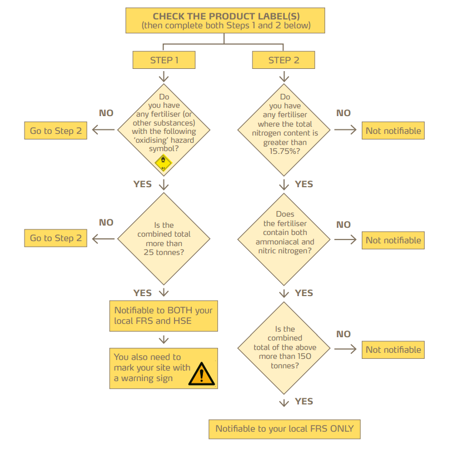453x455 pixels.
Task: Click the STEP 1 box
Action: (x=164, y=60)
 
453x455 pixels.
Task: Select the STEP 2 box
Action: (x=283, y=60)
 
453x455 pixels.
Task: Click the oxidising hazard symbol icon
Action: (x=163, y=162)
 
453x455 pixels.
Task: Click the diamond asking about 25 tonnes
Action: (x=164, y=239)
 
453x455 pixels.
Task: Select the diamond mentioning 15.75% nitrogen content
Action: (x=285, y=129)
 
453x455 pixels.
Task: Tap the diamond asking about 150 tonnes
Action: (x=285, y=347)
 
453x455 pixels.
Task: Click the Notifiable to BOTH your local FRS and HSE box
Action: (x=163, y=316)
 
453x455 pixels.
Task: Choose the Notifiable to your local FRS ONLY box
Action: (x=284, y=428)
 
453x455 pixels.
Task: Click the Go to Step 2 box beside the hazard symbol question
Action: (x=56, y=131)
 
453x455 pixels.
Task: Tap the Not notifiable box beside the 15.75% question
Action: (x=393, y=131)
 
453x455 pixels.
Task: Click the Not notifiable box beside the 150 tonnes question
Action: (x=393, y=349)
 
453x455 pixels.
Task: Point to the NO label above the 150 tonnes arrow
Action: (x=344, y=334)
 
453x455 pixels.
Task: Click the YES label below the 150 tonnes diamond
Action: (x=304, y=401)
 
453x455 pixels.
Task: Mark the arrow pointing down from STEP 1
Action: (x=164, y=76)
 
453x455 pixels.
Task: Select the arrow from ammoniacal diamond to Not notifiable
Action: (x=345, y=240)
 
